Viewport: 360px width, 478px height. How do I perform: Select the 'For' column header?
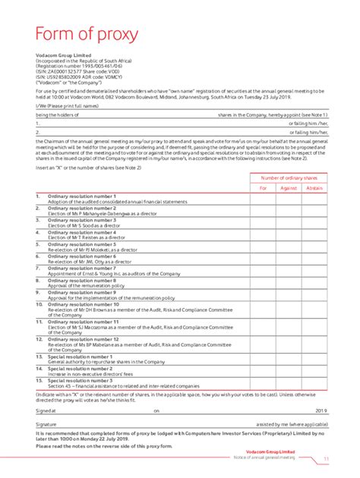point(264,187)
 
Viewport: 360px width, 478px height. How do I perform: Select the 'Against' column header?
point(288,187)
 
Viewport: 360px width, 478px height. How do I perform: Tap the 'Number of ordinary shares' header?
point(289,177)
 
